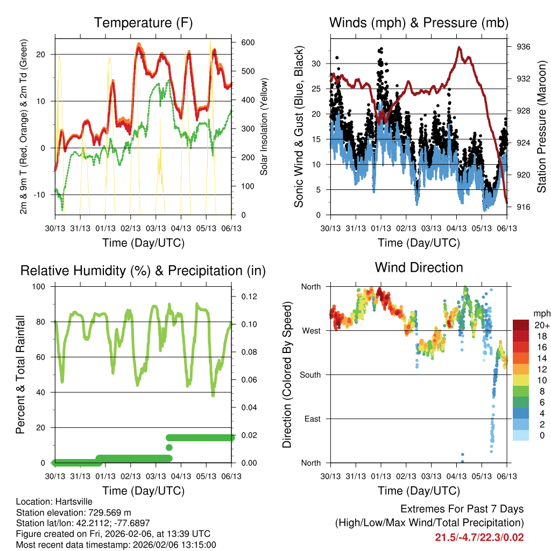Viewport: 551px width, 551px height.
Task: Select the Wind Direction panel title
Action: (x=419, y=267)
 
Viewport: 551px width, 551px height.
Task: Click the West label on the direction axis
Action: (x=310, y=330)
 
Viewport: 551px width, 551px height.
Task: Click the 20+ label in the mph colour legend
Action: (x=541, y=325)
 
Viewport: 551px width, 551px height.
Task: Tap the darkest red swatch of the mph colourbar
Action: (x=521, y=325)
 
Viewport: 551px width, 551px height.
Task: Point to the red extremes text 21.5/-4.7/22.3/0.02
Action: (x=479, y=537)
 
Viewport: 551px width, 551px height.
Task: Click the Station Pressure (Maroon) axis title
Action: (x=542, y=127)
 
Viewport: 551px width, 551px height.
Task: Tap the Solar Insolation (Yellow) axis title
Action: (x=264, y=127)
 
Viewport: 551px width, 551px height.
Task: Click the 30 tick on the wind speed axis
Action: (x=316, y=63)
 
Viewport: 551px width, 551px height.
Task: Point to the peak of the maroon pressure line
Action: (x=459, y=47)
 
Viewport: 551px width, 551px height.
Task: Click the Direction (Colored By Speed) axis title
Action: (x=287, y=375)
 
